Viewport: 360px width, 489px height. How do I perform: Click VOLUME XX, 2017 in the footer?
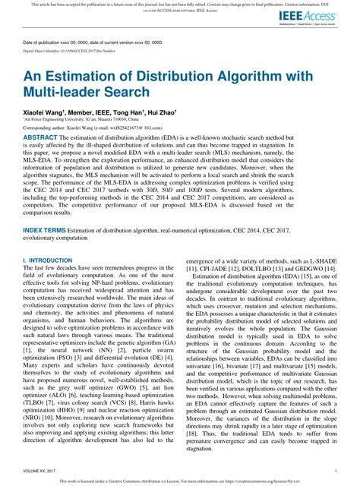point(43,471)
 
